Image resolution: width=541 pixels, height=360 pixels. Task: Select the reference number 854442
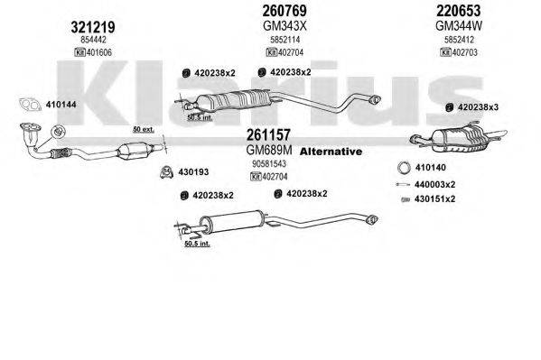click(91, 41)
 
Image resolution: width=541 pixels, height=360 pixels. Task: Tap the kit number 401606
click(97, 54)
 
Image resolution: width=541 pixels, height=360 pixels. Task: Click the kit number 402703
click(464, 54)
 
